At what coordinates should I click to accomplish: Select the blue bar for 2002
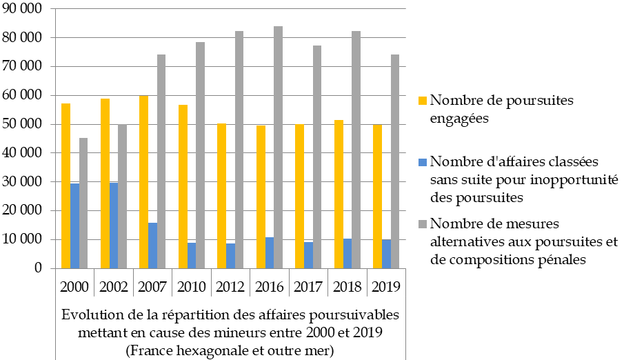(114, 226)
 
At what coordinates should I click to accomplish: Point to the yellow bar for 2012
(221, 196)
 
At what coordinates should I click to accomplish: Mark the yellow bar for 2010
(183, 186)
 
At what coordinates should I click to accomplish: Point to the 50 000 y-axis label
(25, 124)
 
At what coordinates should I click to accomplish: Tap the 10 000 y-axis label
(25, 239)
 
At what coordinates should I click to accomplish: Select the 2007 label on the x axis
(152, 286)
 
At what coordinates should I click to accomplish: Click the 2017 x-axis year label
(308, 286)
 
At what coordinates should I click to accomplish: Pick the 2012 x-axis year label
(230, 286)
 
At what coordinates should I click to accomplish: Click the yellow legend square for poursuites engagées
(423, 100)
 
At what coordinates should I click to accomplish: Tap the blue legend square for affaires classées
(423, 162)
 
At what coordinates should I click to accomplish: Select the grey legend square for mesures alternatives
(423, 223)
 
